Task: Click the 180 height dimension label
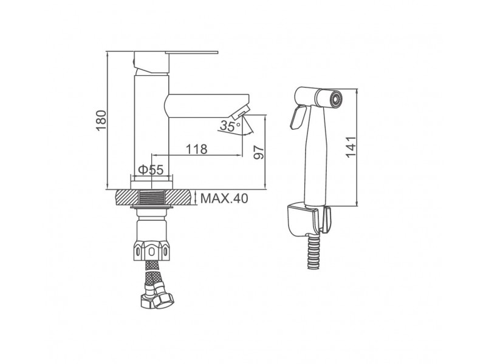point(101,121)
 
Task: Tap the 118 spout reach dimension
point(196,149)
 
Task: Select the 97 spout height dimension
point(259,152)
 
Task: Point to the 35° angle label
point(230,126)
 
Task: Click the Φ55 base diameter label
point(151,170)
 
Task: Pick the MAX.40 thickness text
point(224,198)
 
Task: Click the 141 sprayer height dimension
point(351,147)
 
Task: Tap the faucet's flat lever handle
point(191,52)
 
